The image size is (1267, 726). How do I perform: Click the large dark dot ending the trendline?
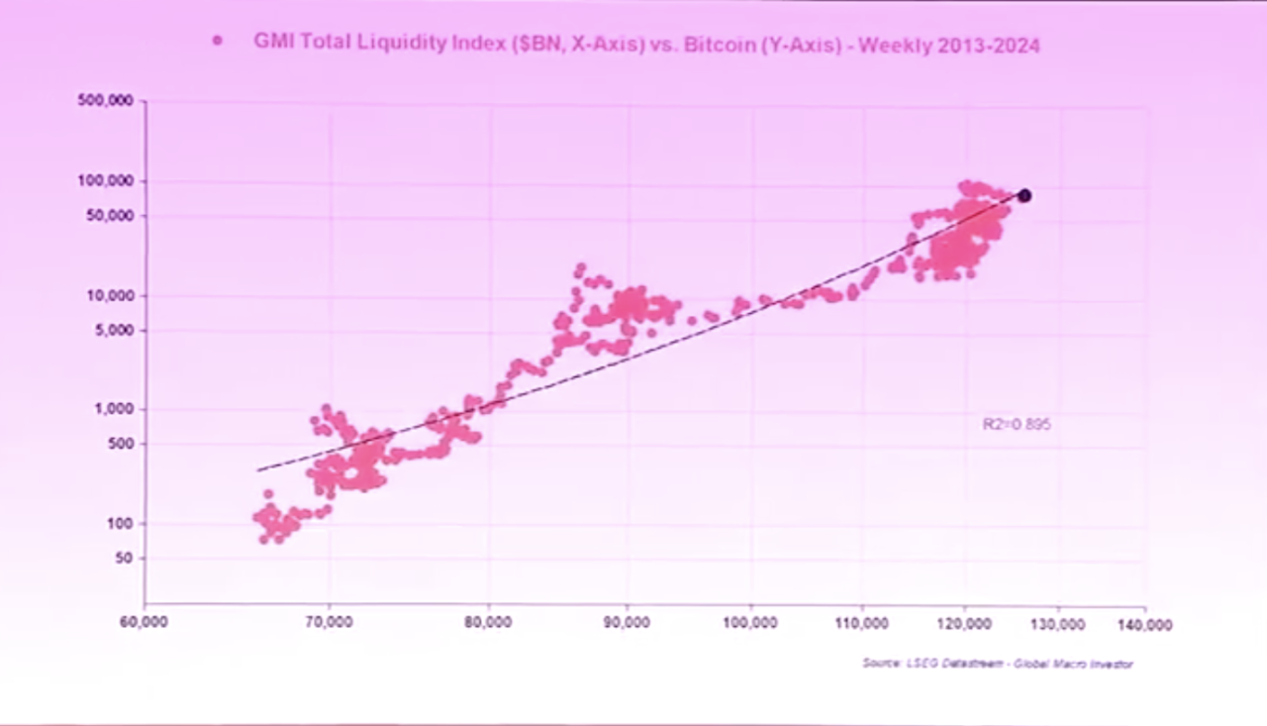click(x=1024, y=196)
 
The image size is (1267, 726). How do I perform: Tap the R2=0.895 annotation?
click(x=1016, y=424)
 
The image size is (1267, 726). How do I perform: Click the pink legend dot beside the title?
click(x=217, y=41)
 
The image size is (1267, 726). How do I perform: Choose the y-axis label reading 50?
click(x=125, y=558)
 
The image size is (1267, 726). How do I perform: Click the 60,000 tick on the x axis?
click(x=145, y=623)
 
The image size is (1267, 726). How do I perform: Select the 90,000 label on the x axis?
click(x=627, y=623)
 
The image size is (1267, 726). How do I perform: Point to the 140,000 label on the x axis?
click(x=1145, y=625)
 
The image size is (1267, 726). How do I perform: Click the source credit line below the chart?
click(x=997, y=664)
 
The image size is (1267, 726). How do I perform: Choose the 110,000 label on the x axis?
click(x=861, y=623)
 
